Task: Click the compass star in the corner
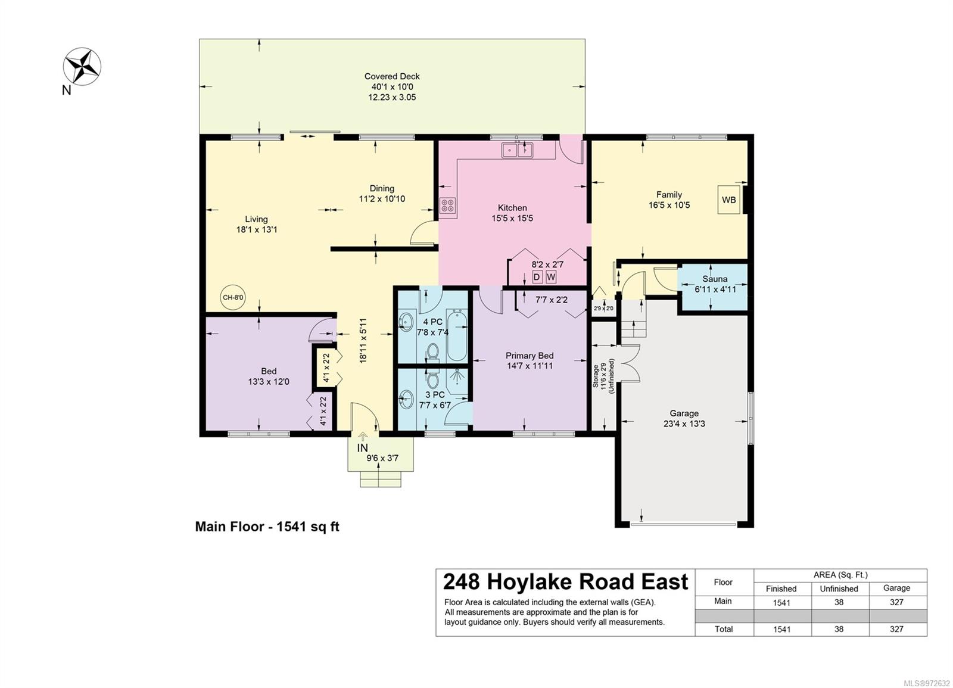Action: tap(82, 66)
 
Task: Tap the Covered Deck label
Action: tap(392, 77)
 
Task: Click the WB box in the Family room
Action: tap(729, 200)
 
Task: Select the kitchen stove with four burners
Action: tap(447, 206)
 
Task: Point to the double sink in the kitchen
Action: tap(518, 150)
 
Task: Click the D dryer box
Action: tap(537, 278)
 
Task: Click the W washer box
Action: tap(551, 278)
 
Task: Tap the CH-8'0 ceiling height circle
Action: tap(233, 297)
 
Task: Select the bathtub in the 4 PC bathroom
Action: tap(457, 335)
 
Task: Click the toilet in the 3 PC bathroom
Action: tap(433, 379)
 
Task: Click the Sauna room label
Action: tap(715, 279)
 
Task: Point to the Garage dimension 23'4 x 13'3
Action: tap(684, 424)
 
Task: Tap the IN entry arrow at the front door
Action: tap(363, 437)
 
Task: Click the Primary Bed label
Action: tap(530, 356)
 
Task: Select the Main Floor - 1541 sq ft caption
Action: tap(267, 527)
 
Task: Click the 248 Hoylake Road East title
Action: tap(565, 582)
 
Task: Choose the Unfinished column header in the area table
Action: tap(839, 589)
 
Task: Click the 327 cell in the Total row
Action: tap(896, 629)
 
